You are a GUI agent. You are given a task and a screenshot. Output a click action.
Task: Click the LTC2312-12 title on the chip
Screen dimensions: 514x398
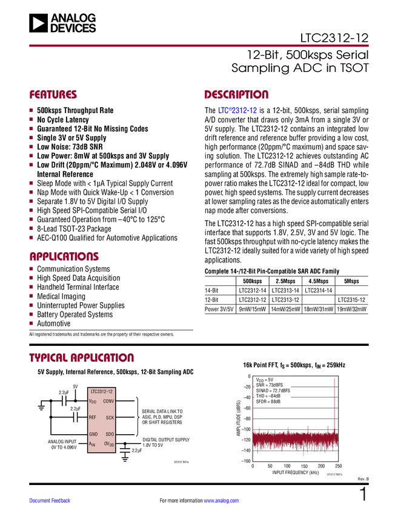click(102, 392)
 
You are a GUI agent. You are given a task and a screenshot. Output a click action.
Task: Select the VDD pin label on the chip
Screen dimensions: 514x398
click(93, 401)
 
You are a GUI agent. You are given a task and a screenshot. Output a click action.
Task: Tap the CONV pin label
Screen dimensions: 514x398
click(108, 401)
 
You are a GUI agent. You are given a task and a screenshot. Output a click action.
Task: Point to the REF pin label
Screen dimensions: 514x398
click(93, 417)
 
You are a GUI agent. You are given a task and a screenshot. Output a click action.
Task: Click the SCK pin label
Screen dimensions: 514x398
click(110, 418)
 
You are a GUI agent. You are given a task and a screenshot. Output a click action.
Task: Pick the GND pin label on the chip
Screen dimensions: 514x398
click(93, 434)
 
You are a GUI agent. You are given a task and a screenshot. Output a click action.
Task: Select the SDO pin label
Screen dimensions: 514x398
click(110, 434)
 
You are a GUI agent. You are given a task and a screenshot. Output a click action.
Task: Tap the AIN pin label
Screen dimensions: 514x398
click(93, 444)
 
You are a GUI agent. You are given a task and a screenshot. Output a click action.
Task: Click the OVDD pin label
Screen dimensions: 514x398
click(109, 444)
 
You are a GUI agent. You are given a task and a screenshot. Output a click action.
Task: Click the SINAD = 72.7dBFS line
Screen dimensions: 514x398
click(273, 391)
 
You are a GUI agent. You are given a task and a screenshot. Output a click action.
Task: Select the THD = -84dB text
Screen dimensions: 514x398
click(268, 396)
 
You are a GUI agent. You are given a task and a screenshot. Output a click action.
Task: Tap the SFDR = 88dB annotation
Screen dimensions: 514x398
click(268, 402)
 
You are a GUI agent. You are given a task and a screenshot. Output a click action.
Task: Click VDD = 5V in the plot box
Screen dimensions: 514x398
click(265, 380)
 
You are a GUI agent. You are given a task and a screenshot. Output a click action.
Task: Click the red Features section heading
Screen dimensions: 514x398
click(53, 95)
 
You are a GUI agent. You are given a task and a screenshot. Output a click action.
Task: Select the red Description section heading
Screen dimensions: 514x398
click(237, 95)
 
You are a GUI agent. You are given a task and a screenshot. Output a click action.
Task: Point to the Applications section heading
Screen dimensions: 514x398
click(64, 256)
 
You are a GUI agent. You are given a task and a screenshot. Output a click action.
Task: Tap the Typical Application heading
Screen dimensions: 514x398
click(82, 357)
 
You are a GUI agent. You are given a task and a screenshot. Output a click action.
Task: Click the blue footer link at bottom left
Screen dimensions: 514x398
click(50, 500)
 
